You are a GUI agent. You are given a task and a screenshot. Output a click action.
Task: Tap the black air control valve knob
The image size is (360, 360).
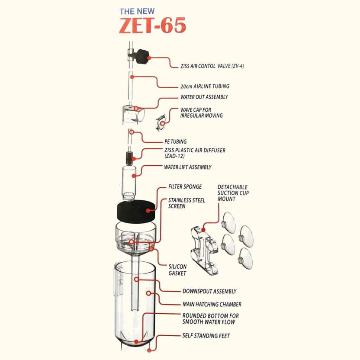[142, 57]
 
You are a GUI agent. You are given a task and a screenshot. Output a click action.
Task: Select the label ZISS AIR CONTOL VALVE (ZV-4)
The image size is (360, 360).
[215, 67]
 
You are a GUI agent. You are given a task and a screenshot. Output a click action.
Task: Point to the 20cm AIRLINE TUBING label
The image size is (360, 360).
[205, 87]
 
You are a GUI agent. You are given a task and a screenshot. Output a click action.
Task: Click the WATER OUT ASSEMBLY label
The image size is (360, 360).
[204, 97]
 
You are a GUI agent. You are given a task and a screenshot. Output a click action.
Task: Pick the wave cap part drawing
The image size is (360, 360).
[161, 122]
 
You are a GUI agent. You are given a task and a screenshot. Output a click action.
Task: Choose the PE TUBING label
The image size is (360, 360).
[175, 141]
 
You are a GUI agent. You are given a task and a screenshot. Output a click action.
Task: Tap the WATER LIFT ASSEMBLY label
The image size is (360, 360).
[188, 167]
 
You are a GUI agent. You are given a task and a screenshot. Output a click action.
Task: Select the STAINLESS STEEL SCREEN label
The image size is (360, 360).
[186, 203]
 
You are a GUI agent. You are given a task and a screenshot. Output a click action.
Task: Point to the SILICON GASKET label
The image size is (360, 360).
[177, 270]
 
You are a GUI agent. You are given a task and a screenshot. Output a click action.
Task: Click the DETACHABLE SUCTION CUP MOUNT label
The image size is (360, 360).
[234, 193]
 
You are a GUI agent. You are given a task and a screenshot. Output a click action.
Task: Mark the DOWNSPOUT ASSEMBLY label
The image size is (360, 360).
[209, 292]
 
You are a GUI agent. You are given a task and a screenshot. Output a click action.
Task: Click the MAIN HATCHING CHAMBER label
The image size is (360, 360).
[212, 304]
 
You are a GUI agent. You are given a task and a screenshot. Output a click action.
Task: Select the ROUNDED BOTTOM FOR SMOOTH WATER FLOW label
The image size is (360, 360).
[210, 319]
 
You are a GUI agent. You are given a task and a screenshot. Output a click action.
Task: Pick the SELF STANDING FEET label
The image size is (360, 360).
[206, 336]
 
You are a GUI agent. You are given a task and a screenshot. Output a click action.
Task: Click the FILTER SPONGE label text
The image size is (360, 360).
[185, 187]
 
